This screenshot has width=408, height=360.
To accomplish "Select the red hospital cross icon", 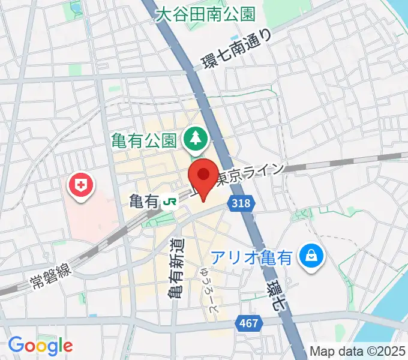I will click(80, 187).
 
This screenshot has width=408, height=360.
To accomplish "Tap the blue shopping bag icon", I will click(312, 257).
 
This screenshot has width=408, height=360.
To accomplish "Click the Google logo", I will click(40, 345).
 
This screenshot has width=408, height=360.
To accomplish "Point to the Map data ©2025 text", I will click(358, 351).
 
